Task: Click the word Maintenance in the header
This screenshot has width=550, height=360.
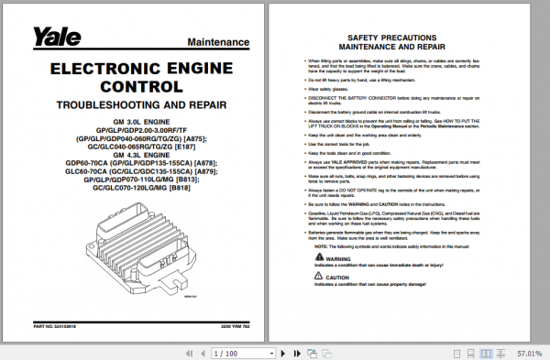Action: tap(219, 43)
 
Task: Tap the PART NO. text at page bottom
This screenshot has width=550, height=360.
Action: tap(50, 325)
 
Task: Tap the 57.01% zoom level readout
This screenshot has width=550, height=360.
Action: tap(530, 353)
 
